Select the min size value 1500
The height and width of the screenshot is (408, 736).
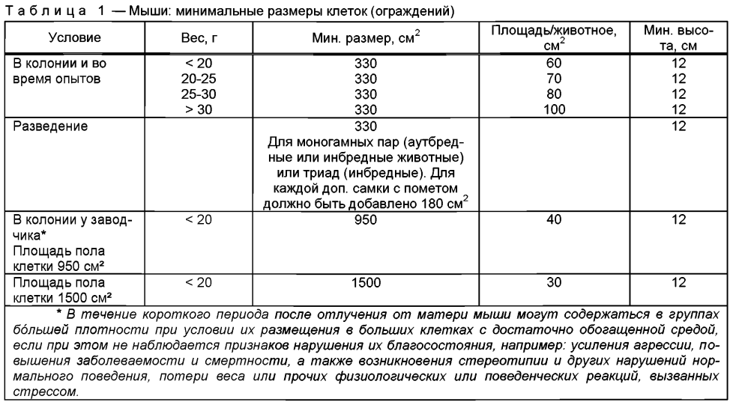[366, 283]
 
